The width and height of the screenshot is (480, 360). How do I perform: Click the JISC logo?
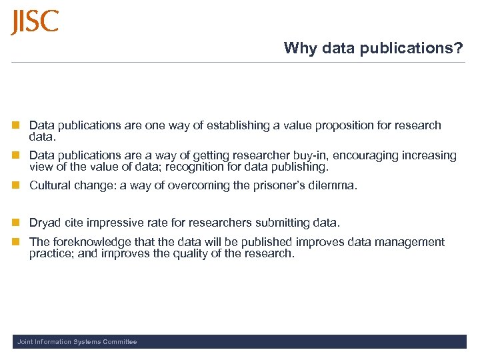[35, 22]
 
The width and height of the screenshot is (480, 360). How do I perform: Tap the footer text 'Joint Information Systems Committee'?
[77, 342]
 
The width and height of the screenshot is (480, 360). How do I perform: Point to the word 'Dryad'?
[45, 223]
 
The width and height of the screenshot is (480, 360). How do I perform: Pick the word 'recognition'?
[208, 167]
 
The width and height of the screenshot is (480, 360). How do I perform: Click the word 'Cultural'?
[51, 185]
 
